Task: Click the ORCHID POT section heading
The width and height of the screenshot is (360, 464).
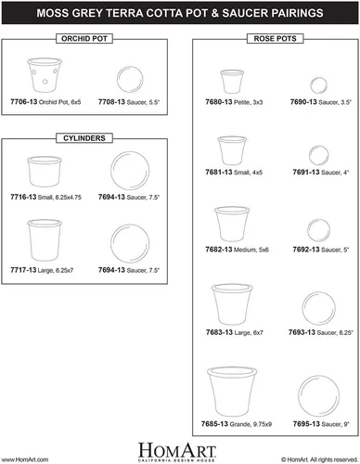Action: pyautogui.click(x=84, y=39)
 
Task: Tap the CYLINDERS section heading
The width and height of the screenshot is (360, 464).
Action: pyautogui.click(x=84, y=138)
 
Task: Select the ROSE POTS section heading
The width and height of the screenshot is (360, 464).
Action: pyautogui.click(x=275, y=39)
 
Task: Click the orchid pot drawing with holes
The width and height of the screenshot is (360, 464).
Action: pyautogui.click(x=45, y=75)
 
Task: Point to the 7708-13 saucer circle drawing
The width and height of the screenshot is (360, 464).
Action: pyautogui.click(x=130, y=79)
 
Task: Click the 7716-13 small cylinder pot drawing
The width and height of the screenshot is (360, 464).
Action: pyautogui.click(x=45, y=172)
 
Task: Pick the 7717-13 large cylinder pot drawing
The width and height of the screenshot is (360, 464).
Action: pyautogui.click(x=45, y=240)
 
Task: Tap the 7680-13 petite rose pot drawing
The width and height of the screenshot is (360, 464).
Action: pyautogui.click(x=232, y=82)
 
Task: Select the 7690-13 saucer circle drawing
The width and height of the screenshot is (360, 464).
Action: pyautogui.click(x=318, y=85)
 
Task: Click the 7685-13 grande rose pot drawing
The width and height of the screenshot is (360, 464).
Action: pyautogui.click(x=232, y=392)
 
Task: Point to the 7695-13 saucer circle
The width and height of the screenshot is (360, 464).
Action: pyautogui.click(x=318, y=396)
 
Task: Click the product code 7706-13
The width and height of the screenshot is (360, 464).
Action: pyautogui.click(x=24, y=102)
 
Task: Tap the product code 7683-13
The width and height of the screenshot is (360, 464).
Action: pyautogui.click(x=219, y=332)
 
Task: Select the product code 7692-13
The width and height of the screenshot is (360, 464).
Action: pyautogui.click(x=306, y=250)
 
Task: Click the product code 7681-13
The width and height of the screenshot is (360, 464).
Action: pyautogui.click(x=219, y=172)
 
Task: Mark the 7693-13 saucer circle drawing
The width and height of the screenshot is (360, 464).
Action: pyautogui.click(x=318, y=308)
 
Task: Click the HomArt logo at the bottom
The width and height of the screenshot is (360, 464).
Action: pyautogui.click(x=176, y=452)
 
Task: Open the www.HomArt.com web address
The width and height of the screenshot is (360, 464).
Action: pyautogui.click(x=25, y=459)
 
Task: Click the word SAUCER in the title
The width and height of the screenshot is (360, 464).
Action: pyautogui.click(x=242, y=13)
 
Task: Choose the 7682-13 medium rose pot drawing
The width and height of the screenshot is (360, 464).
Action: pyautogui.click(x=232, y=224)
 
